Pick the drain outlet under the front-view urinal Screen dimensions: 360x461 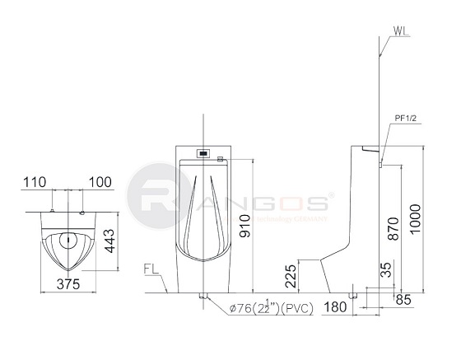(x=203, y=294)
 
